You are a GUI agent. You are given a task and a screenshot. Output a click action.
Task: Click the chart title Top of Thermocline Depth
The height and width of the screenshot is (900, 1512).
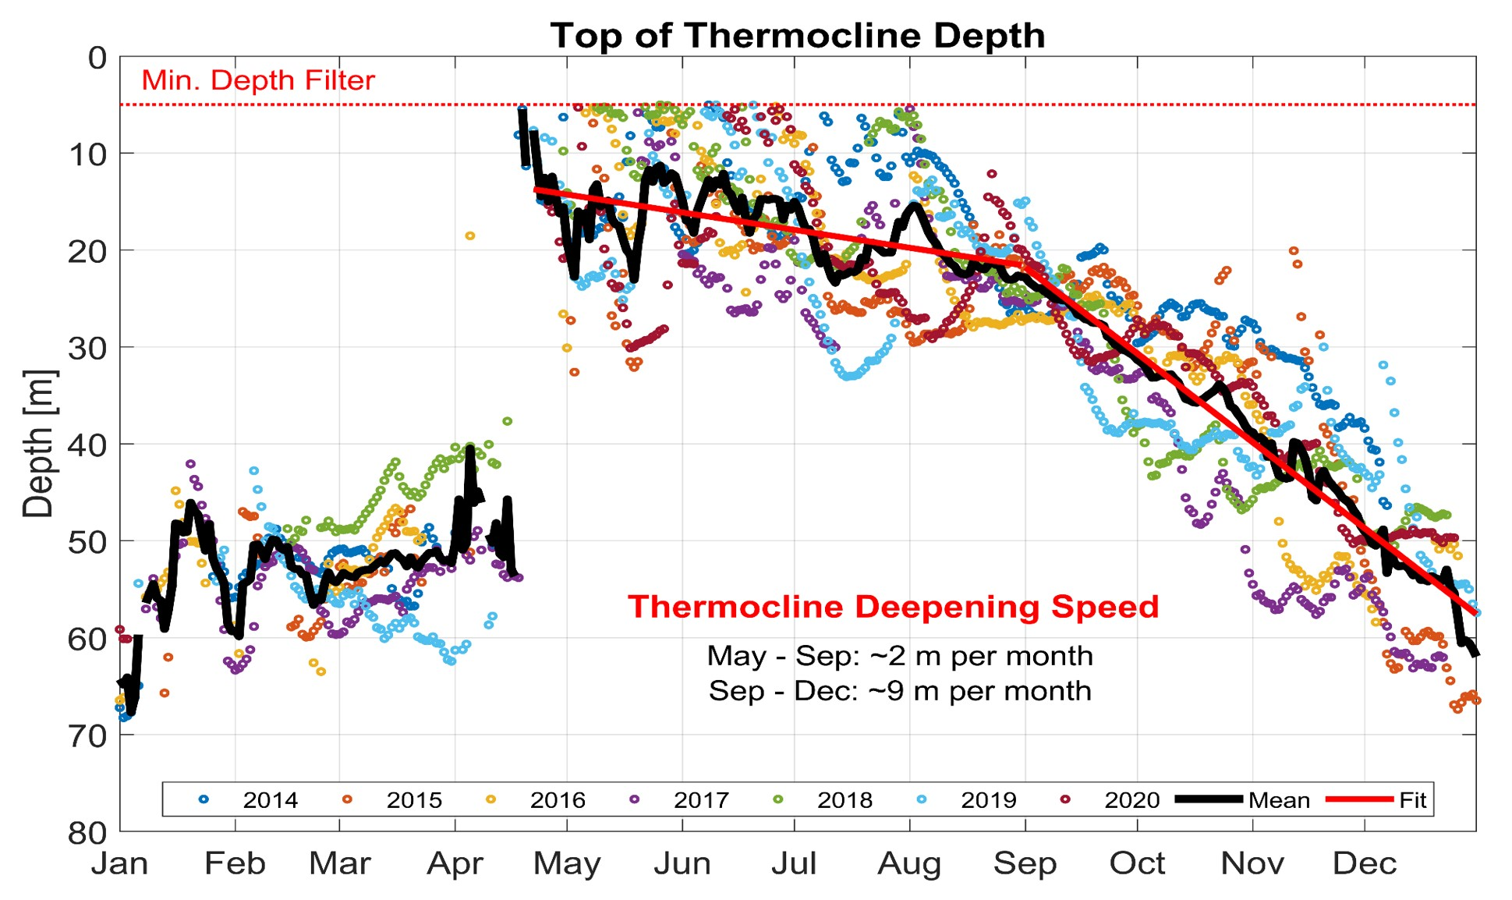click(797, 36)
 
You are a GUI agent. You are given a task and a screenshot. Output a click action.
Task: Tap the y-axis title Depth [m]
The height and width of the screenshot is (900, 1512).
click(37, 443)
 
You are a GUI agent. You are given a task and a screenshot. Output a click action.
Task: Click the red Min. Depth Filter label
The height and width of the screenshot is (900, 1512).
click(258, 80)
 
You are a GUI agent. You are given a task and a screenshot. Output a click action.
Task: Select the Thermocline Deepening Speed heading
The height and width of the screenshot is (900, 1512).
click(893, 607)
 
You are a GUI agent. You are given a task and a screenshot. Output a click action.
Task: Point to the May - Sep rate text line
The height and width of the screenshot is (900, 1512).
click(899, 656)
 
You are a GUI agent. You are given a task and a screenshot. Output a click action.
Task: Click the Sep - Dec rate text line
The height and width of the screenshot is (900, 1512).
click(899, 691)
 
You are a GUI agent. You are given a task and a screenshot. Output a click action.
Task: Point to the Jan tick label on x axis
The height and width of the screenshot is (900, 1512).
click(119, 864)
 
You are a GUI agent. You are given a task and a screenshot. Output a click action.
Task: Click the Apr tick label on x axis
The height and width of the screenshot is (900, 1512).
click(455, 864)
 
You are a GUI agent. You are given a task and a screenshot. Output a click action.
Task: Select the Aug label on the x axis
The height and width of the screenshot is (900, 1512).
click(909, 864)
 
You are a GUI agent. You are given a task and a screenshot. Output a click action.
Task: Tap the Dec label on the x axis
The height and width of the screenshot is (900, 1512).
click(1365, 864)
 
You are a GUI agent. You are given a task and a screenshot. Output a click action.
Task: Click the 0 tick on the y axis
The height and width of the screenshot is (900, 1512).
click(97, 58)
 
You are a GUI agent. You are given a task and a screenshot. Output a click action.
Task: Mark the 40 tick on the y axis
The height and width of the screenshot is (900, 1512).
click(87, 445)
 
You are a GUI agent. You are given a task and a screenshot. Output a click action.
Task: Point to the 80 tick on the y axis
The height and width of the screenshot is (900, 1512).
click(87, 833)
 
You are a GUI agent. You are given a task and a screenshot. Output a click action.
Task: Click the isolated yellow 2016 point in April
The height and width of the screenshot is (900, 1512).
click(469, 236)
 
